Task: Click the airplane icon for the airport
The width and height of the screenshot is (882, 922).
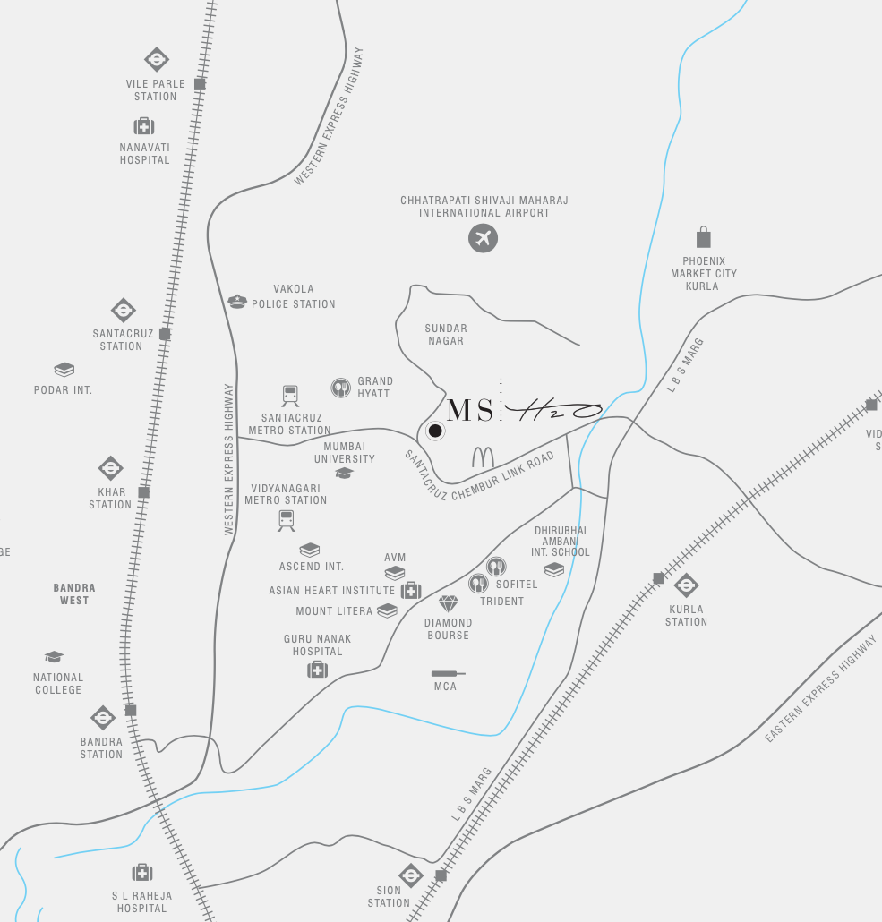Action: (483, 238)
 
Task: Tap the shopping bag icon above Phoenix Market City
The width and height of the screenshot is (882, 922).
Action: (704, 237)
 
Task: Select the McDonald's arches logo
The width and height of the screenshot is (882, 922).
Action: (483, 457)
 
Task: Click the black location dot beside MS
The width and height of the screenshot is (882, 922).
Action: (435, 431)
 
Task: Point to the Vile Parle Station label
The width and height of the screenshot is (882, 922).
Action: (156, 90)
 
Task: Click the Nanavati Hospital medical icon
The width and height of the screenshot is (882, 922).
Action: (144, 126)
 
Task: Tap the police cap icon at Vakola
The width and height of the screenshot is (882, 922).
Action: (237, 301)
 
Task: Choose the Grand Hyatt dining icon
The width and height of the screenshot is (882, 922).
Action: (340, 388)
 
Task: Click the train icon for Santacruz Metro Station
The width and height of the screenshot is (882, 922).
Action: (290, 395)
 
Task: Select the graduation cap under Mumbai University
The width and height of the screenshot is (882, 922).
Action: (344, 473)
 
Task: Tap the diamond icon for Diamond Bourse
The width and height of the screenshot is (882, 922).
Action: (449, 604)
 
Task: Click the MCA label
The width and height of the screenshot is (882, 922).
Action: (445, 687)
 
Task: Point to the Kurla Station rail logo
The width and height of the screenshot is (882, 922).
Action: (686, 585)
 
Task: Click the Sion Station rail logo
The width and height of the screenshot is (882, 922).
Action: (410, 875)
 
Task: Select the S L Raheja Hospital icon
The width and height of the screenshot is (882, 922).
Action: (141, 873)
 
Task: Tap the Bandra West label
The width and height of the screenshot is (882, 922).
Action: (74, 594)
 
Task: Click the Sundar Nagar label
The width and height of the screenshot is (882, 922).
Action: (445, 335)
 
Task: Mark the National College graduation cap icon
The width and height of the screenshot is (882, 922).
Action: (55, 657)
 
